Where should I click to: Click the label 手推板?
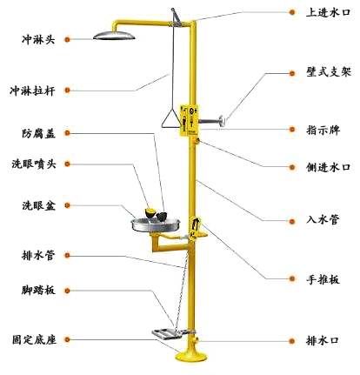[x=323, y=279]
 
